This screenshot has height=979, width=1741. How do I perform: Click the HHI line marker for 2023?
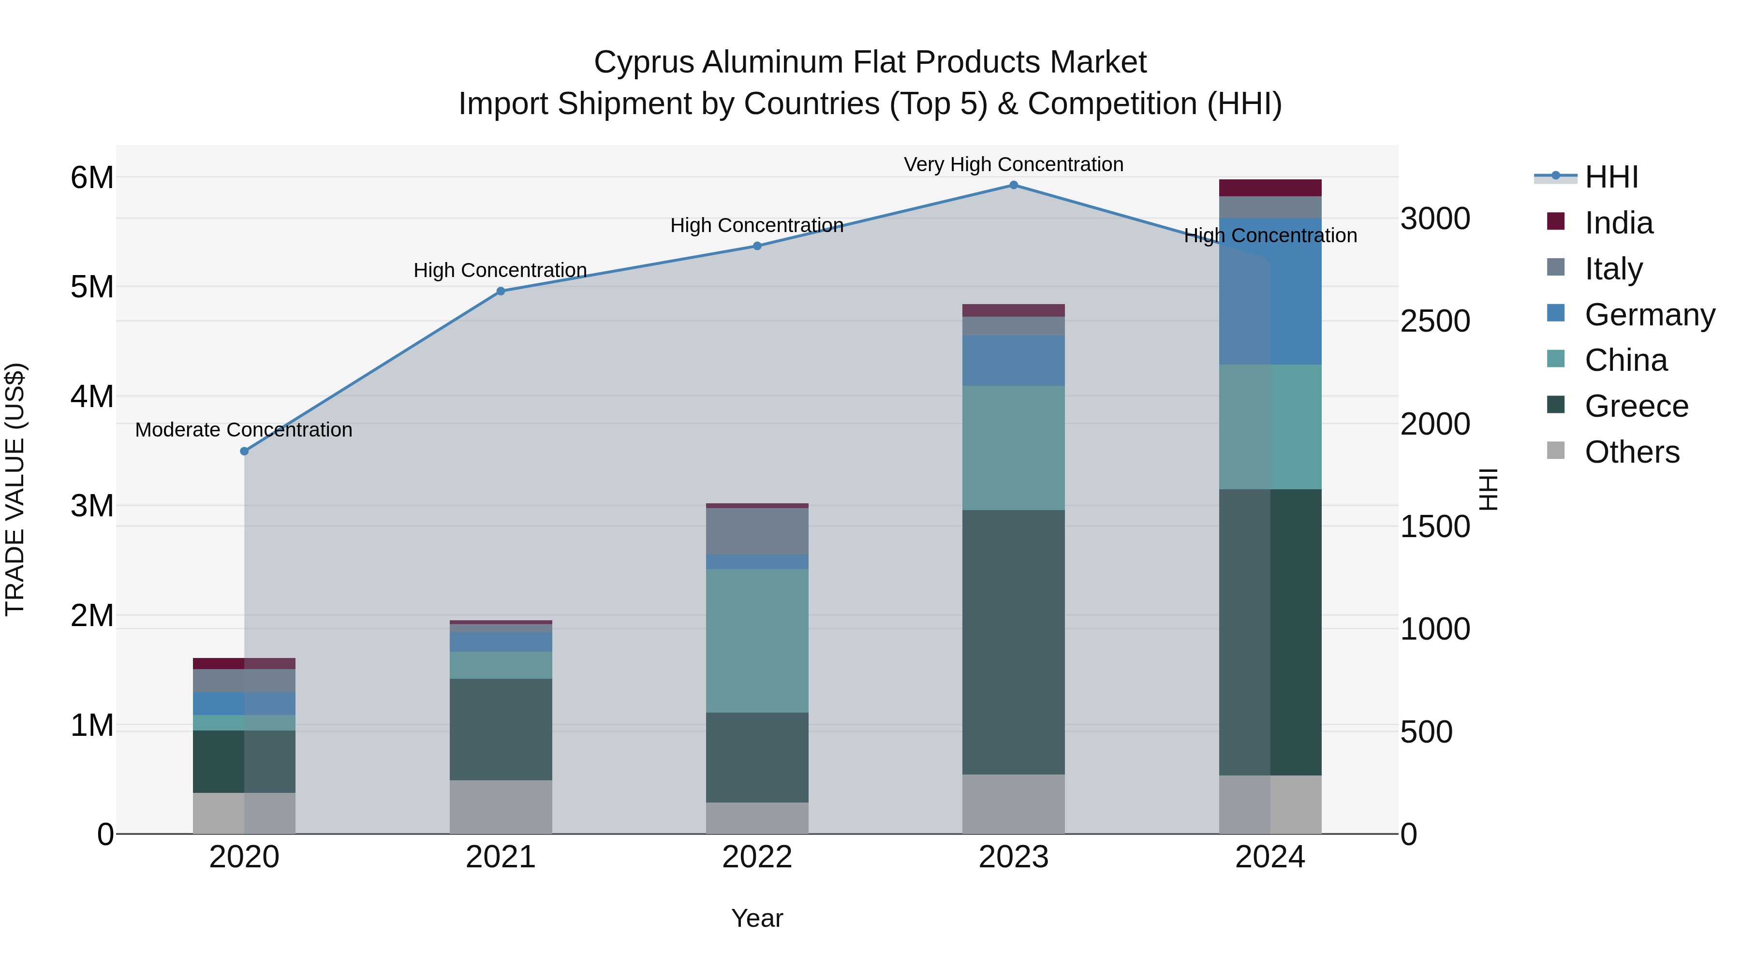(1013, 185)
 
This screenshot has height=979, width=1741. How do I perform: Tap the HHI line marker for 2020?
(245, 452)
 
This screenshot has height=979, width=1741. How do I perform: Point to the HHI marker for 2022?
(757, 246)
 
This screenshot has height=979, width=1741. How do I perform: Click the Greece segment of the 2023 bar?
(1013, 642)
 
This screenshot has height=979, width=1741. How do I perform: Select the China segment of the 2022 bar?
(757, 641)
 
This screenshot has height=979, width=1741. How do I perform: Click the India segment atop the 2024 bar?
(1270, 188)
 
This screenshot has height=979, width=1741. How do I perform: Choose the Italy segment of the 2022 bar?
(757, 531)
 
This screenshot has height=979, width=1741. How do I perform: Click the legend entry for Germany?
(1649, 315)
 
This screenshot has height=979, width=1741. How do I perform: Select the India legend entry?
(1619, 223)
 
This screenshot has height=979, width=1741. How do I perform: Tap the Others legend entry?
(1632, 452)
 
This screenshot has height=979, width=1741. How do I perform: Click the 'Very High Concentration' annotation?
(1013, 164)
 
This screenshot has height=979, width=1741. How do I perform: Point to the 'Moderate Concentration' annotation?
(244, 430)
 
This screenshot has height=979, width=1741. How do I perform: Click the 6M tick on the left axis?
(92, 178)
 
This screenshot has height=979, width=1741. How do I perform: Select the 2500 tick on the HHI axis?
(1435, 321)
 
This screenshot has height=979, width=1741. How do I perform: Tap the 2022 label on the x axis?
(757, 857)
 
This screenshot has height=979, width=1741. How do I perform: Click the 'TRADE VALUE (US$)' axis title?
(15, 489)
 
